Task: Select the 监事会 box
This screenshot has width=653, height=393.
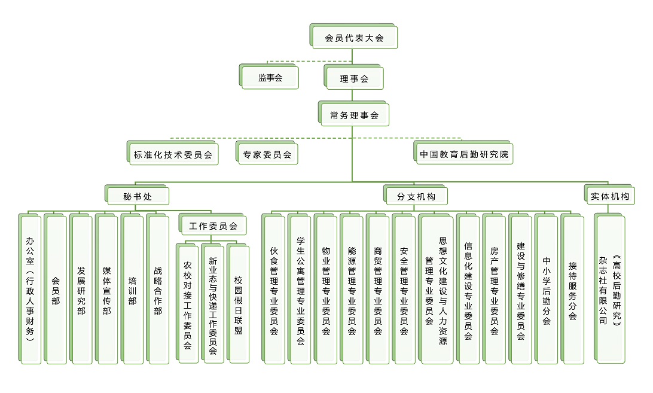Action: coord(270,78)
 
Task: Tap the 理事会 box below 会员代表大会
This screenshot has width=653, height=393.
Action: coord(354,78)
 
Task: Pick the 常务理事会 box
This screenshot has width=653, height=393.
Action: coord(354,115)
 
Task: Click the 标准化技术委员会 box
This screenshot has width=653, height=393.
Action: coord(173,154)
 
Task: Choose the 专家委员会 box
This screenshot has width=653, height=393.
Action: coord(267,154)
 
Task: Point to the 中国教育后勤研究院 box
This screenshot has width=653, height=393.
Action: coord(464,154)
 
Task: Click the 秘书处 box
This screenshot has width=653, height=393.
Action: coord(138,196)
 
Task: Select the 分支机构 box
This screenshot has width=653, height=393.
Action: coord(416,196)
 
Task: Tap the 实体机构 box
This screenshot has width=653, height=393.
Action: coord(610,196)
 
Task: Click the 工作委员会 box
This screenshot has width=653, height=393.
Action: coord(213,226)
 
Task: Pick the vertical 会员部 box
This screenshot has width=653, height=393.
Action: coord(56,290)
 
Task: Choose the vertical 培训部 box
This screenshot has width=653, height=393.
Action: coord(132,290)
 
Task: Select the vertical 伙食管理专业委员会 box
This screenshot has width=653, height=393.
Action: coord(274,290)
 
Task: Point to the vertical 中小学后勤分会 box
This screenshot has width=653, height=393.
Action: coord(547,290)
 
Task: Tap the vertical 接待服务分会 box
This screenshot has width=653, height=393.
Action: coord(572,290)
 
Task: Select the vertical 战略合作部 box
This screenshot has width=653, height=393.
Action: coord(158,290)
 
